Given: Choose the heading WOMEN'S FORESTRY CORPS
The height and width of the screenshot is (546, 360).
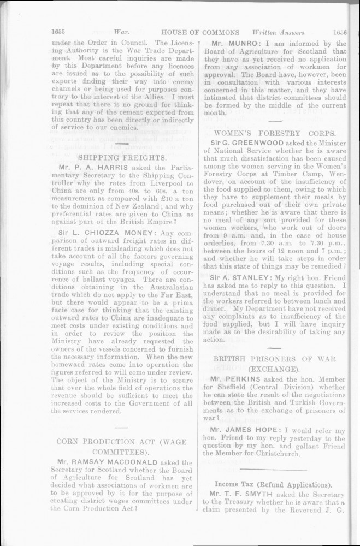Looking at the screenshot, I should [x=275, y=133].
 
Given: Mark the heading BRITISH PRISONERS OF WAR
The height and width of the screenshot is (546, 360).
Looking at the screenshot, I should [x=275, y=359].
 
